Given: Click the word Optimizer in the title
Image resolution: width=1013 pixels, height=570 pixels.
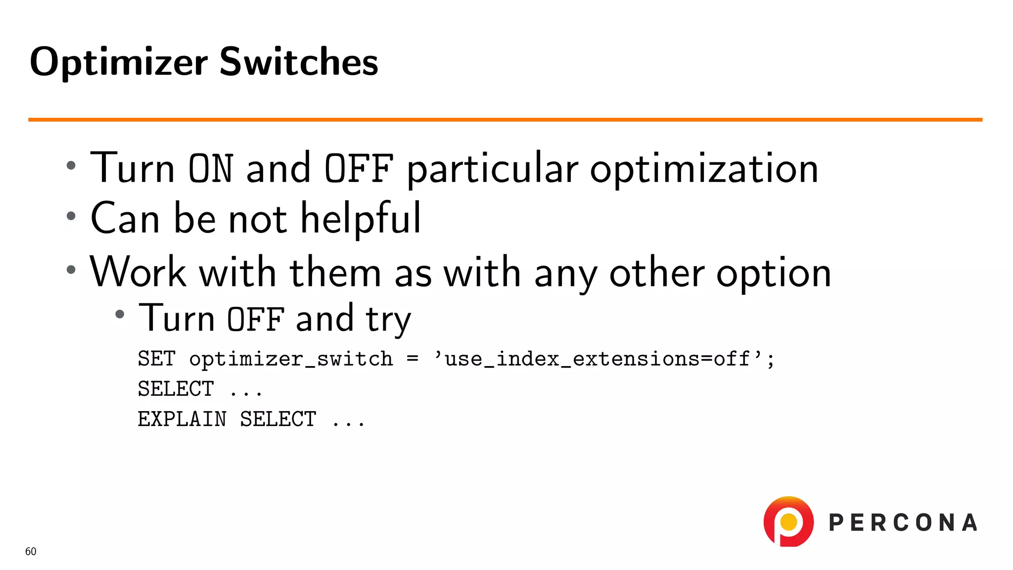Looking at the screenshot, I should [x=119, y=62].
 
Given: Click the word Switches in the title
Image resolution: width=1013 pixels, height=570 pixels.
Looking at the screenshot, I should [x=298, y=62].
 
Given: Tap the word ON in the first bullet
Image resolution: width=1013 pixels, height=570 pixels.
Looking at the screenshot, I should [x=210, y=168].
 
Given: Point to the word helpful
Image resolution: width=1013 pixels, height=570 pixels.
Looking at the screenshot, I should [x=361, y=219].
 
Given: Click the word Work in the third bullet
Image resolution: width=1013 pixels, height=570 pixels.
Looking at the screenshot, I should [x=138, y=272].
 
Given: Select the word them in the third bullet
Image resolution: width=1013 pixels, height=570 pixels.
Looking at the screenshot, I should [x=335, y=272].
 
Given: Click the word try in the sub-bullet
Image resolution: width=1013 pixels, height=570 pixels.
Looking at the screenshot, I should [x=388, y=319].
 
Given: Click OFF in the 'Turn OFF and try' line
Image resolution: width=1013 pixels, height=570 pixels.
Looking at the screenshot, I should [x=256, y=319].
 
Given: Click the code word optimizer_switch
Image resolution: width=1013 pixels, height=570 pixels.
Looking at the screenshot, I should [x=291, y=359].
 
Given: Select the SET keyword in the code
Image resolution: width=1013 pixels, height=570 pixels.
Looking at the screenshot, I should [x=156, y=359].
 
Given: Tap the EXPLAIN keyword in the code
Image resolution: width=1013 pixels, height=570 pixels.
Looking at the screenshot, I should [x=182, y=419].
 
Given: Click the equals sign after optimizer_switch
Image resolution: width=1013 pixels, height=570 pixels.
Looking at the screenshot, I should [x=412, y=359].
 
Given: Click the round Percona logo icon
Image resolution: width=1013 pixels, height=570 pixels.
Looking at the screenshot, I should [x=788, y=522].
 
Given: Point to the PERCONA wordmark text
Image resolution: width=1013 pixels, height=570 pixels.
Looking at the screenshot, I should [x=903, y=523].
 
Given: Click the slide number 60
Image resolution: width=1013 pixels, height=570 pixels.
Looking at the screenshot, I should [x=31, y=551].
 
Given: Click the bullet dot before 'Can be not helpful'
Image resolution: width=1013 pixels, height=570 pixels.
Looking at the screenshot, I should [x=71, y=216].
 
